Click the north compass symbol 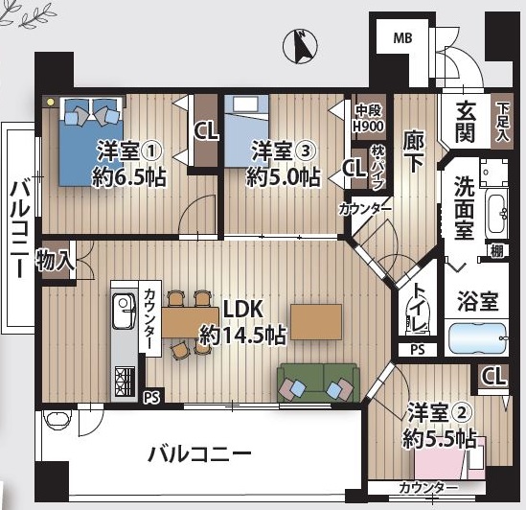[x=300, y=46]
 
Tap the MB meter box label [x=402, y=38]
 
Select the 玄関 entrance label [x=466, y=121]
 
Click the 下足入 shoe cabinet [x=502, y=122]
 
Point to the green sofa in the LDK [x=318, y=382]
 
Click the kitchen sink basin [x=124, y=312]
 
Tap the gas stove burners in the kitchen [x=125, y=382]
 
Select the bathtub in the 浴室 [x=477, y=338]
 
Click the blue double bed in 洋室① [x=91, y=141]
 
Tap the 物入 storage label [x=55, y=261]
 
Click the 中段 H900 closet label [x=369, y=118]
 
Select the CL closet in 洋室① [x=206, y=131]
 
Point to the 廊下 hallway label [x=413, y=151]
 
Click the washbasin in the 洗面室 [x=497, y=214]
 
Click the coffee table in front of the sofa [x=316, y=322]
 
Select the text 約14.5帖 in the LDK [x=242, y=336]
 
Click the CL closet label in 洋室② [x=493, y=376]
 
